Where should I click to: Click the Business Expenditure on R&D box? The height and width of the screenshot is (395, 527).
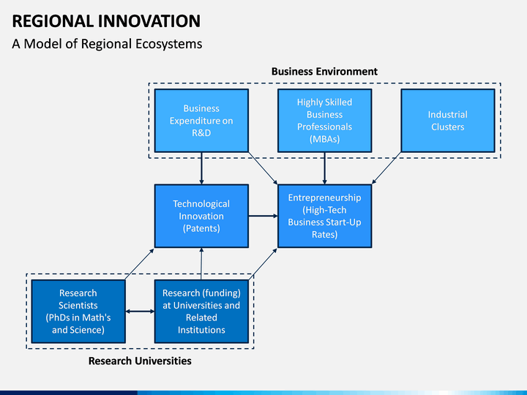(201, 121)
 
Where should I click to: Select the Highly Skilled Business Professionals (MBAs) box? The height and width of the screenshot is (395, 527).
(325, 121)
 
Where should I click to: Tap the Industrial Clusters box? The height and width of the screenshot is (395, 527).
(448, 121)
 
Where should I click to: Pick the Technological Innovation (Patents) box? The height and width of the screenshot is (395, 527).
(201, 216)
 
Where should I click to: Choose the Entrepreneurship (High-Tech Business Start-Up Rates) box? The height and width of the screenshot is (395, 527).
(325, 216)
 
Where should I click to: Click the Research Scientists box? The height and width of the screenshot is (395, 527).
(78, 312)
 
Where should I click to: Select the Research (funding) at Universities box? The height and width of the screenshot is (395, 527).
(201, 312)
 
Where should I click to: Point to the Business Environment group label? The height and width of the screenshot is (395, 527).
(324, 72)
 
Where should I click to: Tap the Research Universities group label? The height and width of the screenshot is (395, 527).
(140, 361)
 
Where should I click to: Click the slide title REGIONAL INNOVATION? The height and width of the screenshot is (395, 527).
(106, 21)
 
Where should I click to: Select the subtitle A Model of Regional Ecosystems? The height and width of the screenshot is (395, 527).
(107, 44)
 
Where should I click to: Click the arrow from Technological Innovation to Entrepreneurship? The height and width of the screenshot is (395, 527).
(263, 216)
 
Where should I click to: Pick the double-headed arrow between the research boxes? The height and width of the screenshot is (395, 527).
(140, 312)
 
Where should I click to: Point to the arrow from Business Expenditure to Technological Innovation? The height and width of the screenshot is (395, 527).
(201, 168)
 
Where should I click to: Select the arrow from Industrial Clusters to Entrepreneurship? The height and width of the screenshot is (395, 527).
(386, 168)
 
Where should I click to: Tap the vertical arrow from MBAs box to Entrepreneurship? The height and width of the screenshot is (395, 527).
(325, 168)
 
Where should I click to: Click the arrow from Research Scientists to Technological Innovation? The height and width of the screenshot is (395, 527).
(140, 264)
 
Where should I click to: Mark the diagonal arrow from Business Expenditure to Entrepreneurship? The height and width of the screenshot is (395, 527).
(263, 168)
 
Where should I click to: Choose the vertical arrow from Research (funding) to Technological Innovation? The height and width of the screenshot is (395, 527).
(201, 263)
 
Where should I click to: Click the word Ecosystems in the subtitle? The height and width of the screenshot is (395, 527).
(169, 44)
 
